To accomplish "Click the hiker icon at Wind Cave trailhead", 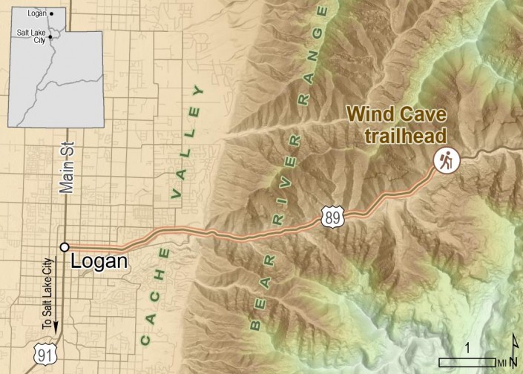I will tap(447, 160).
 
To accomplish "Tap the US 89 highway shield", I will tap(332, 216).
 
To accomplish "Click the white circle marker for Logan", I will tap(65, 247).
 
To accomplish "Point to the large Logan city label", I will tap(99, 262).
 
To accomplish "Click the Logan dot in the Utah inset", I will tap(50, 14).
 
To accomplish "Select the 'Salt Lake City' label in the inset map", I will tap(31, 35).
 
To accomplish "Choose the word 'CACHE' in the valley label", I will tap(158, 297).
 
